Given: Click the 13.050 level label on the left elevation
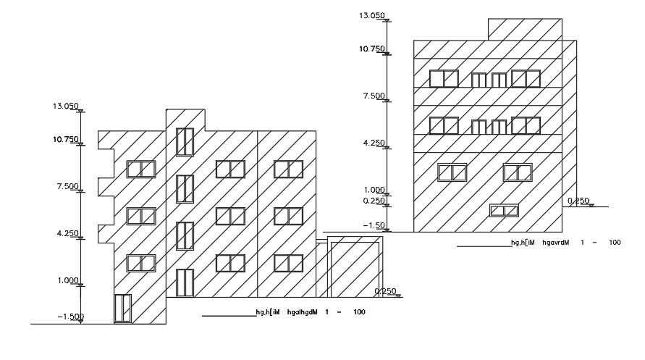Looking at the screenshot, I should tap(64, 106).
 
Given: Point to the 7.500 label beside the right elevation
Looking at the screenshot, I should tap(374, 96).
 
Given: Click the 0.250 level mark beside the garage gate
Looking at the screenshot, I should tap(385, 291).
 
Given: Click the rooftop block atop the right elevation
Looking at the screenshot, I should tap(524, 29).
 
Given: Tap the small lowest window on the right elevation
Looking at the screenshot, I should tap(504, 210).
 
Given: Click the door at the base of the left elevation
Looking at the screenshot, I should tap(122, 308).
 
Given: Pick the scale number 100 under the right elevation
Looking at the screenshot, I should tap(615, 243).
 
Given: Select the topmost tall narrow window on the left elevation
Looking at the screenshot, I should tap(185, 142).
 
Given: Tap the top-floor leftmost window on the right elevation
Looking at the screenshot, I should tap(443, 78).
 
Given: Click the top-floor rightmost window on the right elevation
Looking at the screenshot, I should tap(526, 78).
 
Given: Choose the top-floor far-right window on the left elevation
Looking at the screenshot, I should tap(288, 169).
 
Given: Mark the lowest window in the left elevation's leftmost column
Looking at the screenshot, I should tap(141, 263).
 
